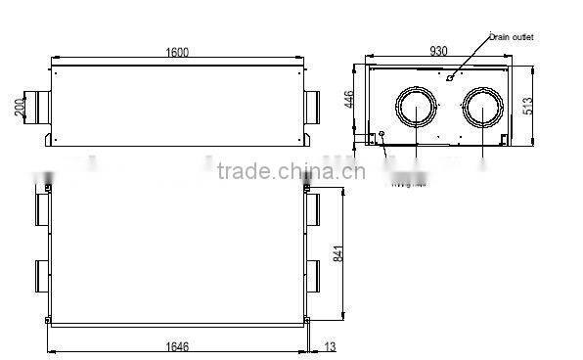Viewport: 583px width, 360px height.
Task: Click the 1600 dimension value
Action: [x=177, y=52]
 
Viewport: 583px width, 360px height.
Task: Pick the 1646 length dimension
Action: [x=178, y=344]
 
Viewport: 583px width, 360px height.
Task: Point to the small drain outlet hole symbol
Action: [x=449, y=75]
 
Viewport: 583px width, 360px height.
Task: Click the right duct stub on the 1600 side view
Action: [x=315, y=104]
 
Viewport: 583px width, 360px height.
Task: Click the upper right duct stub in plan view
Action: [x=313, y=205]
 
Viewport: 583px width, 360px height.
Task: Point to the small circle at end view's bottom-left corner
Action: [x=381, y=134]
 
